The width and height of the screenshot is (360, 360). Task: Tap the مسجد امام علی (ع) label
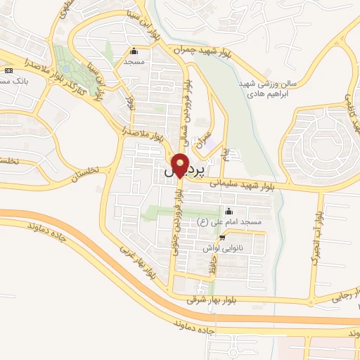pos(232,222)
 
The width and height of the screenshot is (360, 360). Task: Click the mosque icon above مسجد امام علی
pos(228,211)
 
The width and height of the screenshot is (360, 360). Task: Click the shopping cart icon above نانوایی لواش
pos(222,238)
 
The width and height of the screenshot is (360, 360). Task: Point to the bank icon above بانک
pos(8,71)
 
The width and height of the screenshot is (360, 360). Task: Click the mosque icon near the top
pos(134,51)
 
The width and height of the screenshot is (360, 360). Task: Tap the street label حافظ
pos(208,266)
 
